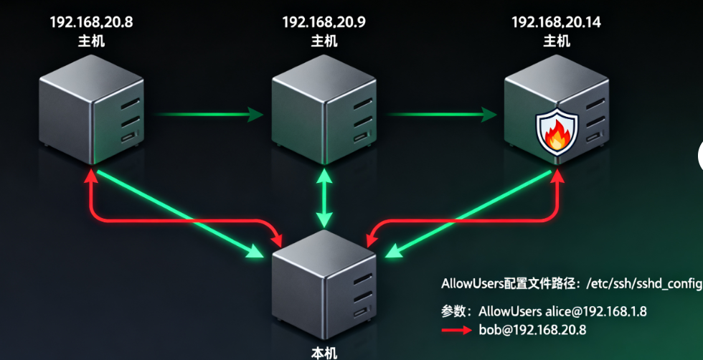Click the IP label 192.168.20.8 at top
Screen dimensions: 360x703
click(x=91, y=22)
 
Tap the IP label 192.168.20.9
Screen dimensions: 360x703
click(x=324, y=22)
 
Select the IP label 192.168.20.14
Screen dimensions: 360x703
click(x=556, y=22)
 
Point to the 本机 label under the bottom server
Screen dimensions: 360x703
click(x=324, y=352)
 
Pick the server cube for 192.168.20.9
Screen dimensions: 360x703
click(x=324, y=108)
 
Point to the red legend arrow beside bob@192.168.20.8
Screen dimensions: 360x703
click(x=458, y=331)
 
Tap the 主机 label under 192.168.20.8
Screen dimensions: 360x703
click(x=91, y=41)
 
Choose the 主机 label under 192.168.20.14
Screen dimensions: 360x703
click(x=556, y=41)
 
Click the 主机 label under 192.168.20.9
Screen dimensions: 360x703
click(x=324, y=41)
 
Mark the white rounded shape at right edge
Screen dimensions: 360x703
click(x=699, y=154)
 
